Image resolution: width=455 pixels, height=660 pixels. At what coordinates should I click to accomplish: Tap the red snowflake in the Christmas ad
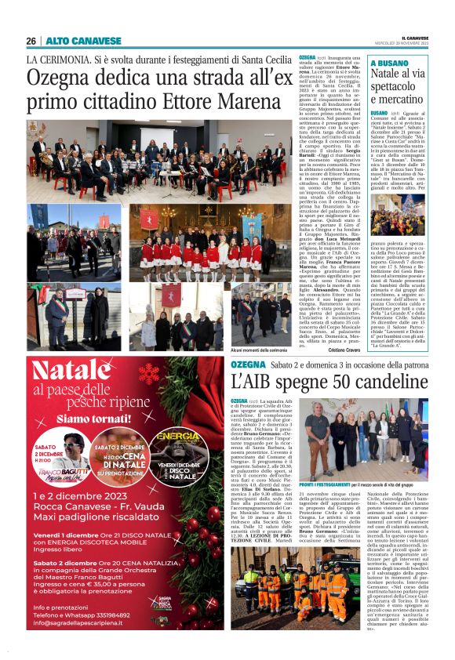148,375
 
